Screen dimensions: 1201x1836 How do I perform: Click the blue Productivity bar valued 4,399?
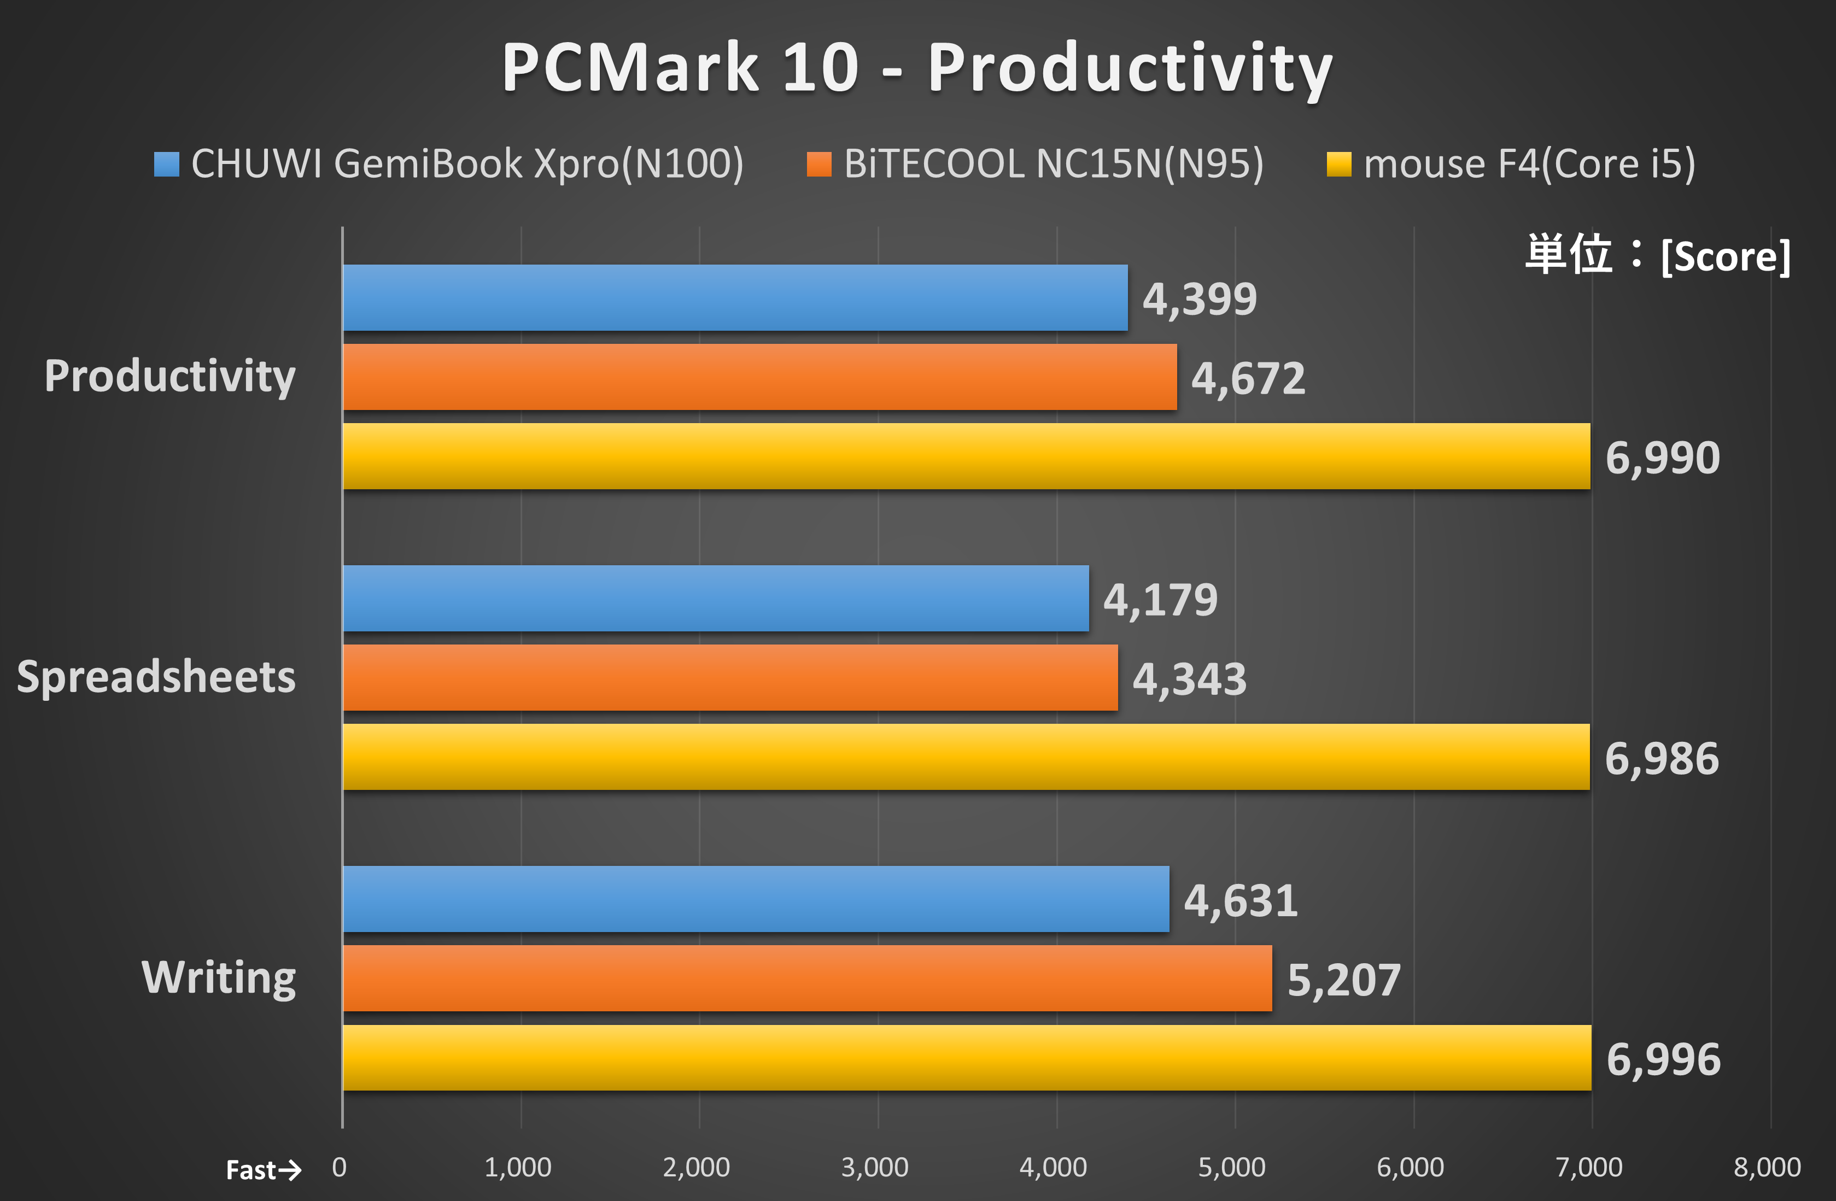734,298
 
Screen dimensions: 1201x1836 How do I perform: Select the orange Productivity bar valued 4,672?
760,377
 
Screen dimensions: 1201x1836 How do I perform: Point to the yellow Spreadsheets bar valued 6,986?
966,757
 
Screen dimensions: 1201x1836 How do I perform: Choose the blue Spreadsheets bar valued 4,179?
716,599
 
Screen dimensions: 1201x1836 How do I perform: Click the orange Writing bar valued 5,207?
807,978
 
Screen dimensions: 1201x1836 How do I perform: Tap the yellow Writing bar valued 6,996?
967,1058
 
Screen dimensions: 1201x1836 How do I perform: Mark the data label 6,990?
1663,458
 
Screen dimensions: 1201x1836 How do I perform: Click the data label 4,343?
1189,679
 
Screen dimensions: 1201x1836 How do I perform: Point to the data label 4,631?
1241,901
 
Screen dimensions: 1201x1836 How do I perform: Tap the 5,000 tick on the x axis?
1231,1168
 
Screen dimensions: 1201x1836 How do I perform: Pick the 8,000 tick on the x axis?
1767,1168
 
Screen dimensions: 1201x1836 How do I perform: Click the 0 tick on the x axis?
340,1168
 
